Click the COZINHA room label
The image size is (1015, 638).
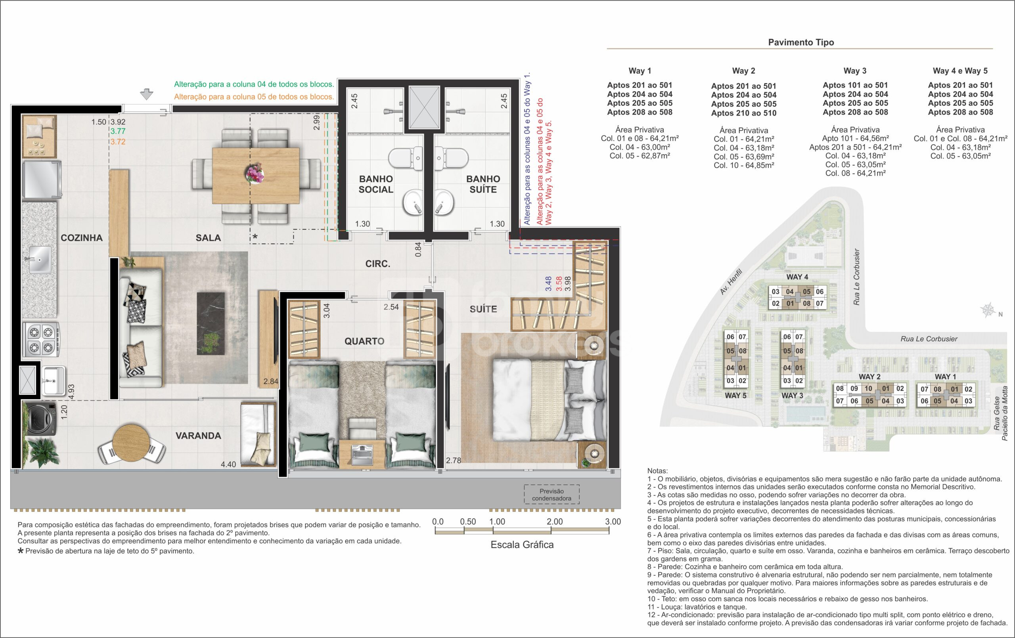pyautogui.click(x=81, y=238)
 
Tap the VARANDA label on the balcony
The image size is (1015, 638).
pyautogui.click(x=198, y=436)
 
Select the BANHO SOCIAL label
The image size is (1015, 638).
pyautogui.click(x=375, y=184)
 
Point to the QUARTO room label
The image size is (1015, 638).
pyautogui.click(x=364, y=341)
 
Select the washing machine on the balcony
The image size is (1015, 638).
pyautogui.click(x=40, y=419)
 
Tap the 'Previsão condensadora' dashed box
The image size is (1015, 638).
pyautogui.click(x=552, y=495)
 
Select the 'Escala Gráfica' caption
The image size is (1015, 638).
pyautogui.click(x=522, y=545)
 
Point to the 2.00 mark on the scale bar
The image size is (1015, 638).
pyautogui.click(x=555, y=521)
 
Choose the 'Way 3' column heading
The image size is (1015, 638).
pyautogui.click(x=855, y=71)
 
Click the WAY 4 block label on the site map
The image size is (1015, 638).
pyautogui.click(x=797, y=277)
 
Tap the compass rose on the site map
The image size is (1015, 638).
pyautogui.click(x=987, y=311)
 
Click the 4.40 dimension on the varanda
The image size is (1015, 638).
pyautogui.click(x=228, y=464)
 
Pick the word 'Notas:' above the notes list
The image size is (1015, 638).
pyautogui.click(x=657, y=471)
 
